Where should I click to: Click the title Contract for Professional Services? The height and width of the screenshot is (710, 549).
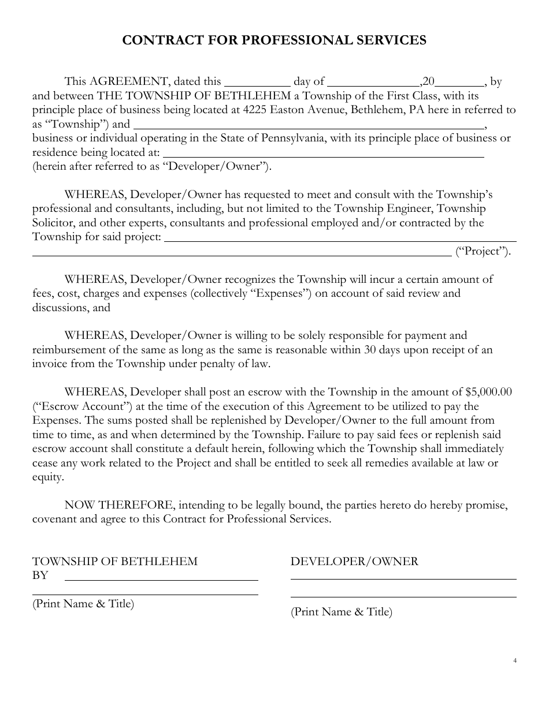[x=274, y=40]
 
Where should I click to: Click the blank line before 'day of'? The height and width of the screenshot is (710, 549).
[x=257, y=84]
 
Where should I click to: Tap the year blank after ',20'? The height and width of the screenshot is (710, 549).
[x=463, y=84]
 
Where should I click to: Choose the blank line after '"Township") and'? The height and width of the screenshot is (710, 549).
[x=309, y=127]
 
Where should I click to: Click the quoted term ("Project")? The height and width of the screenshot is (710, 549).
[x=483, y=251]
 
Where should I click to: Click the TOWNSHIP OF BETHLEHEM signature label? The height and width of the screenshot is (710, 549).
[x=114, y=561]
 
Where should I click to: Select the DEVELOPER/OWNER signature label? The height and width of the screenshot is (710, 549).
[x=354, y=561]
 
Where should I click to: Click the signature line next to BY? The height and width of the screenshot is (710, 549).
[x=161, y=579]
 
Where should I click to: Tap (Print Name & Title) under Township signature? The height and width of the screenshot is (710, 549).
[x=83, y=604]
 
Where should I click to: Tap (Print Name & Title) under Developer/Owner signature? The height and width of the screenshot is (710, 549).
[x=341, y=612]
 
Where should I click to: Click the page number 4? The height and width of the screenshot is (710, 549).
[x=514, y=661]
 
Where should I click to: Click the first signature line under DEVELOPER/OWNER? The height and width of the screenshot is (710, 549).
[x=403, y=578]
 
